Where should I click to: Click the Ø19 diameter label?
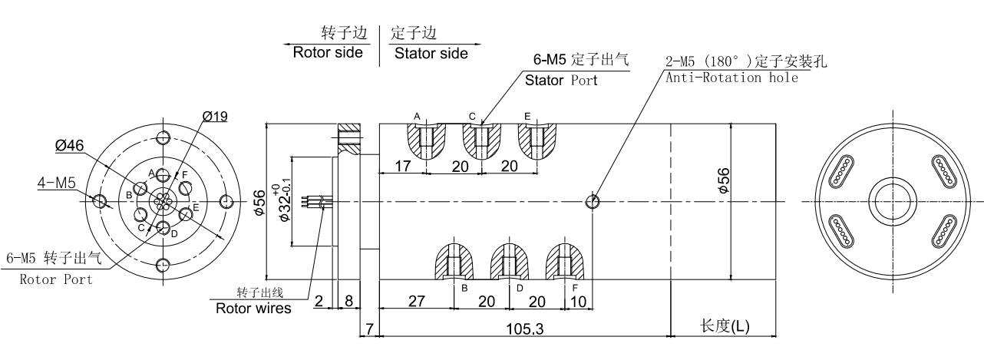(x=216, y=117)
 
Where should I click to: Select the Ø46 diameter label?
(x=68, y=144)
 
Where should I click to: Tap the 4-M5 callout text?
(x=56, y=183)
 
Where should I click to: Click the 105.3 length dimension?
(x=526, y=328)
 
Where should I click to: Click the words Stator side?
(x=430, y=53)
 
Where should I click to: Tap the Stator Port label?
(x=561, y=80)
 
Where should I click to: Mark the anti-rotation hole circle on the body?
(x=593, y=202)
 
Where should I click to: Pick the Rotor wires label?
(x=253, y=309)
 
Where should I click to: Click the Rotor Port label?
(x=55, y=279)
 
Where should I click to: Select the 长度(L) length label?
(x=725, y=326)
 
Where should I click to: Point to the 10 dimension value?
(x=578, y=301)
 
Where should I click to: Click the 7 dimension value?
(x=369, y=329)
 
